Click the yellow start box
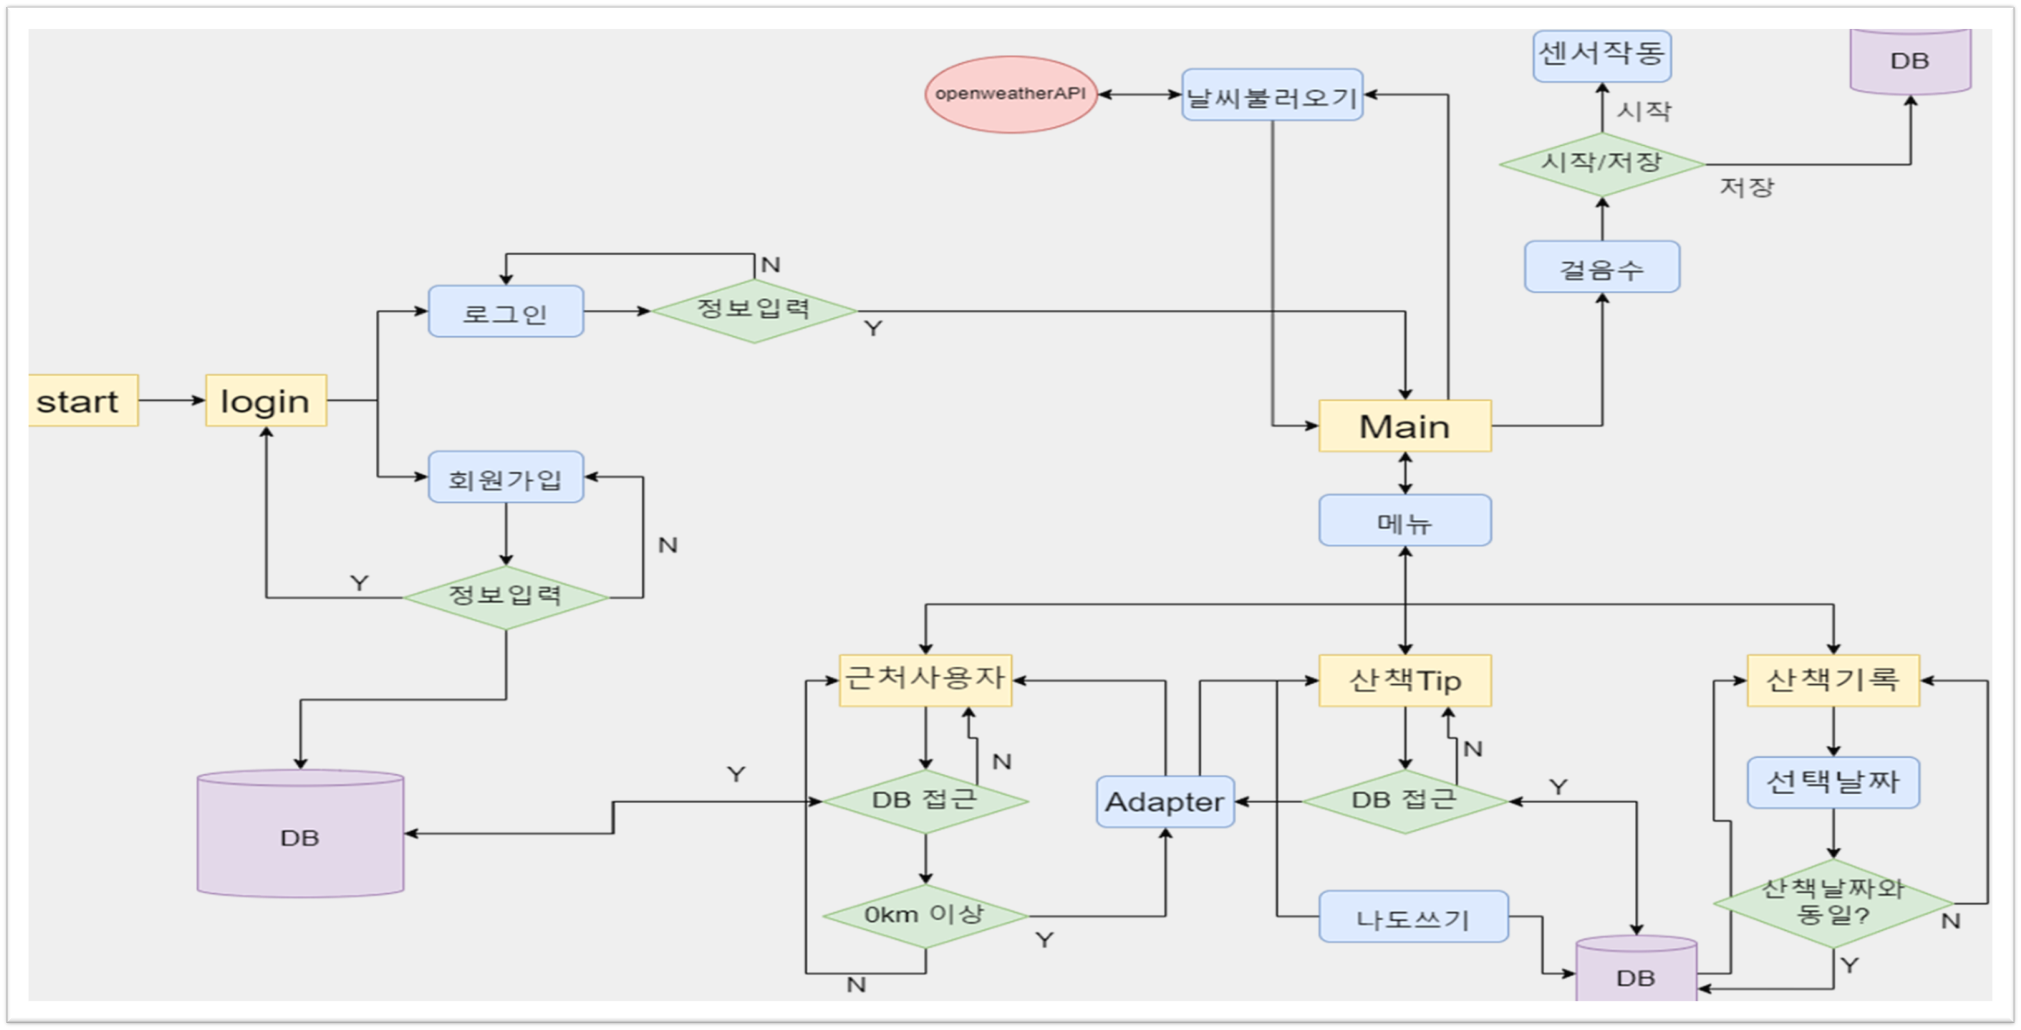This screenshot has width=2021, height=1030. (x=83, y=401)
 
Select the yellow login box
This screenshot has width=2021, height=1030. (x=266, y=401)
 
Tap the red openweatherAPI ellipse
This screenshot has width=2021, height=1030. (x=1010, y=94)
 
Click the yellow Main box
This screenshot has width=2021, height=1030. (x=1404, y=426)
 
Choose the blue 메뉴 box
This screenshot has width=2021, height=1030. (x=1404, y=520)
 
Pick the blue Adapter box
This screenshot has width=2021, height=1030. (x=1164, y=802)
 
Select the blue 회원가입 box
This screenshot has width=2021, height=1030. (x=505, y=477)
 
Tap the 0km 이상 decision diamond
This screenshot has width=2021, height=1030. (x=925, y=915)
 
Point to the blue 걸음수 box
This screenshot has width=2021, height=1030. (x=1601, y=267)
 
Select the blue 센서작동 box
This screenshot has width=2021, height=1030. (x=1601, y=55)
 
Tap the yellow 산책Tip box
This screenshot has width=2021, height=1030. (x=1404, y=680)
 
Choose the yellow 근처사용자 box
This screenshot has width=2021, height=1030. (x=925, y=679)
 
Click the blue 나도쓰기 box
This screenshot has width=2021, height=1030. (x=1413, y=917)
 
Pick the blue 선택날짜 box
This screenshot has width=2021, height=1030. (x=1832, y=782)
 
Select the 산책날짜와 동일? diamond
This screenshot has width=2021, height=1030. (x=1832, y=902)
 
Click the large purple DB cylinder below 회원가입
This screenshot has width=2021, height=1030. (x=301, y=835)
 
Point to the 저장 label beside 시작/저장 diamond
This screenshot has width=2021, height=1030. (x=1746, y=187)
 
